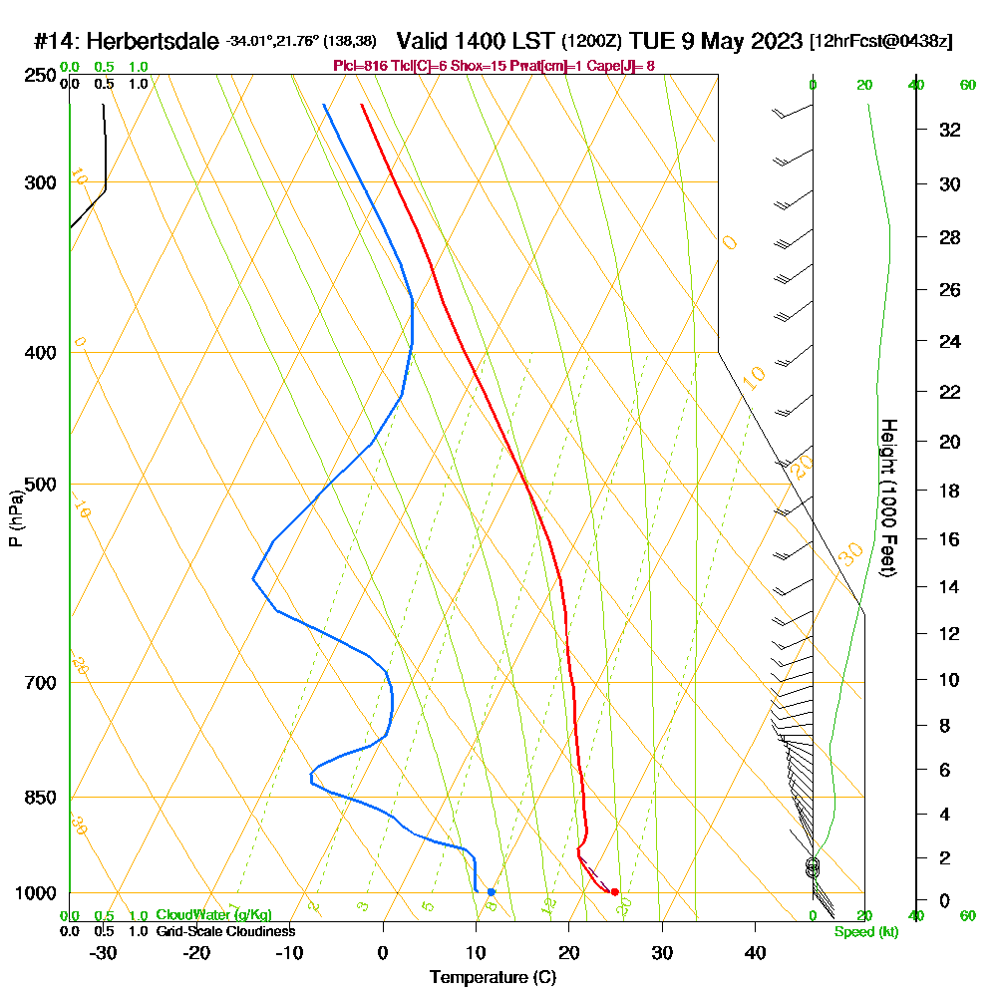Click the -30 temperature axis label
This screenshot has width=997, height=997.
click(x=104, y=951)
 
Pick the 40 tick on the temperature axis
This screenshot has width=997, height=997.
click(x=755, y=951)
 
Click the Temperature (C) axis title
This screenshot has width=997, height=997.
click(x=493, y=977)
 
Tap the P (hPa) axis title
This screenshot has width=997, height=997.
click(x=15, y=518)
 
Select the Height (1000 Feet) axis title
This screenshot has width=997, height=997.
click(x=886, y=498)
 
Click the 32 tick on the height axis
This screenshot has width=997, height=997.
click(x=951, y=130)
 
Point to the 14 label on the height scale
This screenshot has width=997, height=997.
click(x=951, y=586)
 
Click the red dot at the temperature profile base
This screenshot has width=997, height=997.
click(x=614, y=891)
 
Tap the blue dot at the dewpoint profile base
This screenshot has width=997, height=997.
click(x=491, y=891)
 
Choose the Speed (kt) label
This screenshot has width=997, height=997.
click(x=863, y=931)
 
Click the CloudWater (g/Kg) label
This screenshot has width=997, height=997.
click(x=213, y=915)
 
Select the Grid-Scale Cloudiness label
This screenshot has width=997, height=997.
click(x=224, y=931)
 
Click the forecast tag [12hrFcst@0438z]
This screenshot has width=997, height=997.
click(x=881, y=41)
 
